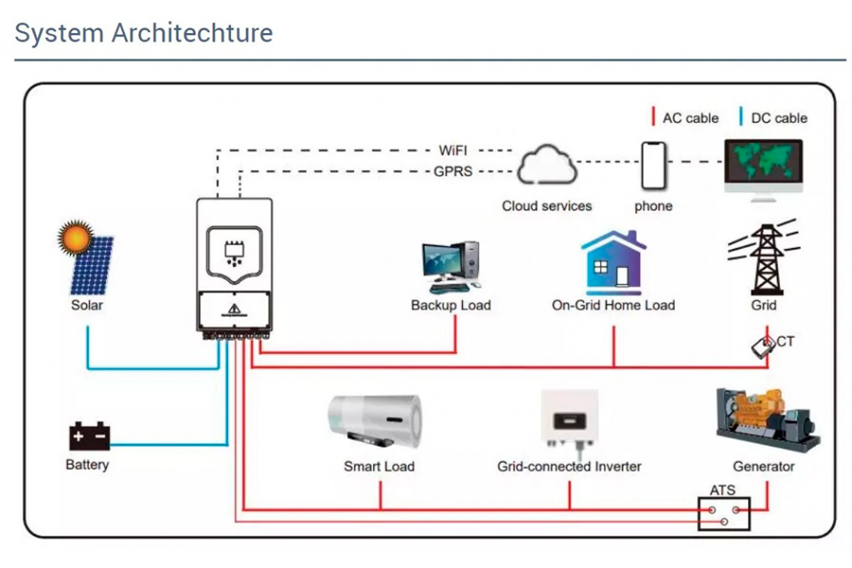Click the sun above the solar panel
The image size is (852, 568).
coord(75,237)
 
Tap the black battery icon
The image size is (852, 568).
coord(89,435)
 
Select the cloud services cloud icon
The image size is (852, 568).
coord(546,164)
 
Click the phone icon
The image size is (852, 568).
coord(653,166)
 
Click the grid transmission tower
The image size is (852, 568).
coord(765,257)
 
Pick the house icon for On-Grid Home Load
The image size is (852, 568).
coord(614,263)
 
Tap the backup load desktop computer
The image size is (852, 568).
coord(451,267)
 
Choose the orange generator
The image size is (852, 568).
coord(768,418)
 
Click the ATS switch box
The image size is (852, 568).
coord(724,514)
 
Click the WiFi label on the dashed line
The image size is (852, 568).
coord(453,151)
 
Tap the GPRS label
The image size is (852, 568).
coord(453,171)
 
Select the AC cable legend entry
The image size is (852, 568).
coord(685,118)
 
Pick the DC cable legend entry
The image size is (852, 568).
coord(773,118)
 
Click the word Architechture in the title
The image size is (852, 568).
coord(192,32)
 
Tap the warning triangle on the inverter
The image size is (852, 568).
coord(234,310)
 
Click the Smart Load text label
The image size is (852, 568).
coord(380,467)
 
